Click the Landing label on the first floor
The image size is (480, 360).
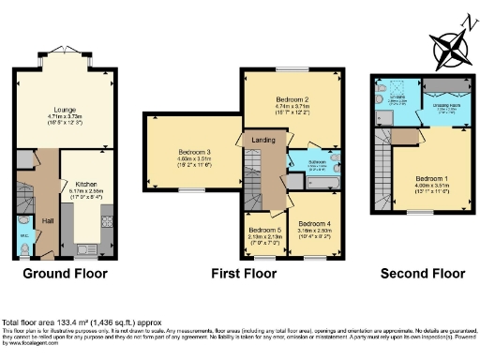click(258, 140)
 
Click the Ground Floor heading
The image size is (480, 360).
click(66, 274)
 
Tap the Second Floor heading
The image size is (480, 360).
click(422, 274)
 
